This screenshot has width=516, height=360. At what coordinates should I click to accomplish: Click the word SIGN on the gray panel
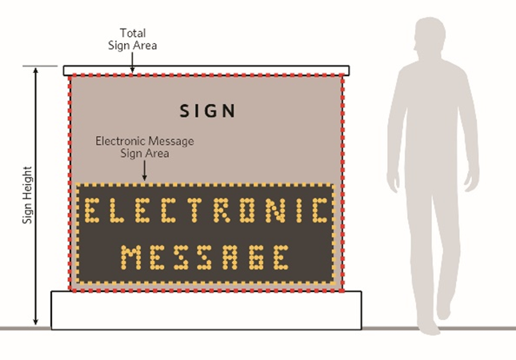207,110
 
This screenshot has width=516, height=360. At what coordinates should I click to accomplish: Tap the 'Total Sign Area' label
133,39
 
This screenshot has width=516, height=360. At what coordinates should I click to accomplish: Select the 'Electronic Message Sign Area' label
145,147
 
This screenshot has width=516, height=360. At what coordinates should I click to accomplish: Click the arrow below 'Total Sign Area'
133,61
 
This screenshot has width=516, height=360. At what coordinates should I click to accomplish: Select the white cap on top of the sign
206,70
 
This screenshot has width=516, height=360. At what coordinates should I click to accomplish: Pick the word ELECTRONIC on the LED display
207,211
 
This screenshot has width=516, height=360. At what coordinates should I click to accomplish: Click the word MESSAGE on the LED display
206,258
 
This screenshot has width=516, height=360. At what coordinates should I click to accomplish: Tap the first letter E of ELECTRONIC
94,211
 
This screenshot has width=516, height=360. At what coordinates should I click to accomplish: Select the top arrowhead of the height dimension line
35,73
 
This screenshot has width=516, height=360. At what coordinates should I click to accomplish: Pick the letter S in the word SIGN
183,110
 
